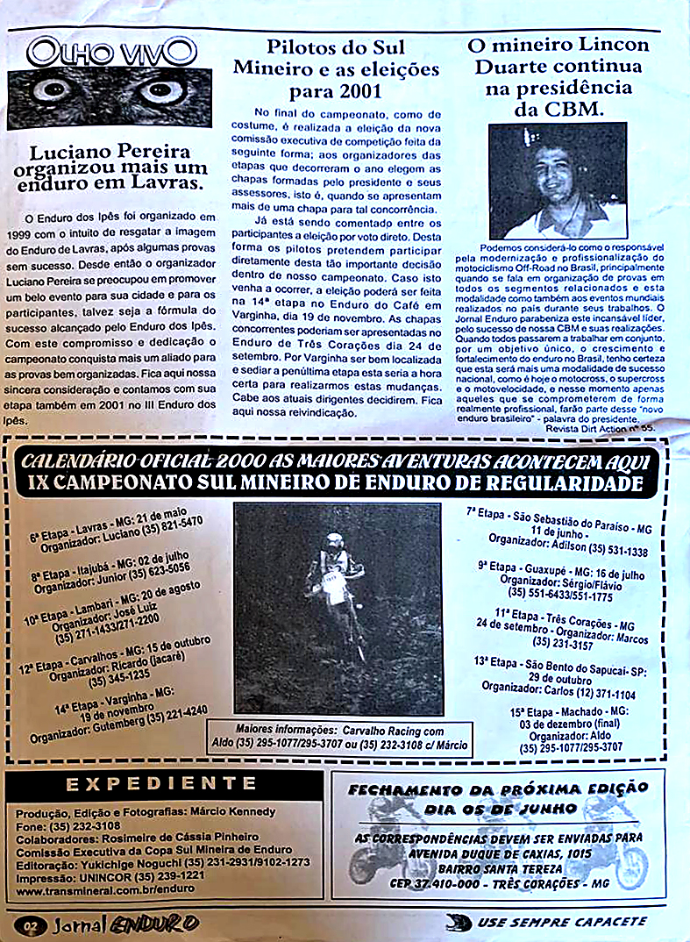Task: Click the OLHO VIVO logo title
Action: click(x=111, y=52)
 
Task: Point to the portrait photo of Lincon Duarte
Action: click(x=557, y=181)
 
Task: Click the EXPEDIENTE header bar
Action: click(x=160, y=784)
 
